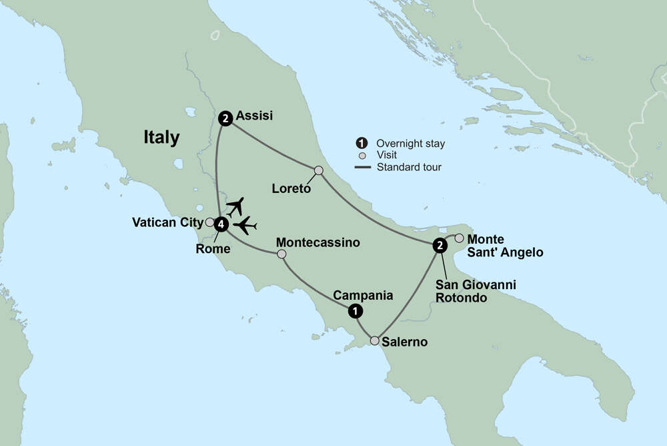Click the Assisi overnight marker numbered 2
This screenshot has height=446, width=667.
(x=225, y=119)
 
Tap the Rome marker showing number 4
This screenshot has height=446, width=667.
(x=221, y=225)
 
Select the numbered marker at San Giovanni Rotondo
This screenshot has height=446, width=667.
(x=440, y=246)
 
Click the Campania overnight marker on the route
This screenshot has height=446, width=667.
(x=356, y=310)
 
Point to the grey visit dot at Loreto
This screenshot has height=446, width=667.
(x=319, y=170)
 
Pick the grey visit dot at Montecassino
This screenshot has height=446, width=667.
(x=281, y=254)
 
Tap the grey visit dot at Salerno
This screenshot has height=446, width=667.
(x=375, y=341)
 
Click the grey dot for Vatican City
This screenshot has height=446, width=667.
(x=209, y=222)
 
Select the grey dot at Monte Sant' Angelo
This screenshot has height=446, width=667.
(x=459, y=238)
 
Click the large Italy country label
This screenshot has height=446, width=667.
(x=161, y=138)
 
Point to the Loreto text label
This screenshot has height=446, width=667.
(x=291, y=189)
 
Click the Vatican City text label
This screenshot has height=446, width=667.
(x=167, y=222)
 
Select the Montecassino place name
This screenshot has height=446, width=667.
(x=317, y=242)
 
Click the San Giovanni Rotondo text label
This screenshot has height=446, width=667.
(x=475, y=291)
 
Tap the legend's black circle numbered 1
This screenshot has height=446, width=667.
(x=362, y=143)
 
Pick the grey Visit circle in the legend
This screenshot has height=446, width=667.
(x=362, y=155)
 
